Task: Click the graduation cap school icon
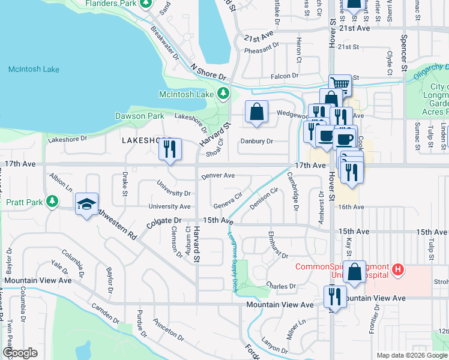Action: point(86,203)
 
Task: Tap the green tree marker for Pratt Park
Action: point(52,201)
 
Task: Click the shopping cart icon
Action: point(340,84)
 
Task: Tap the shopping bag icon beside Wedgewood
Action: point(256,112)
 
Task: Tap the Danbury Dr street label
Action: point(256,142)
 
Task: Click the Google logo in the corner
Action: point(20,352)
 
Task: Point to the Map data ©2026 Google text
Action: point(411,355)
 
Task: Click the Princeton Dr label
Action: point(167,329)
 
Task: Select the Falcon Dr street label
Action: point(285,76)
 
